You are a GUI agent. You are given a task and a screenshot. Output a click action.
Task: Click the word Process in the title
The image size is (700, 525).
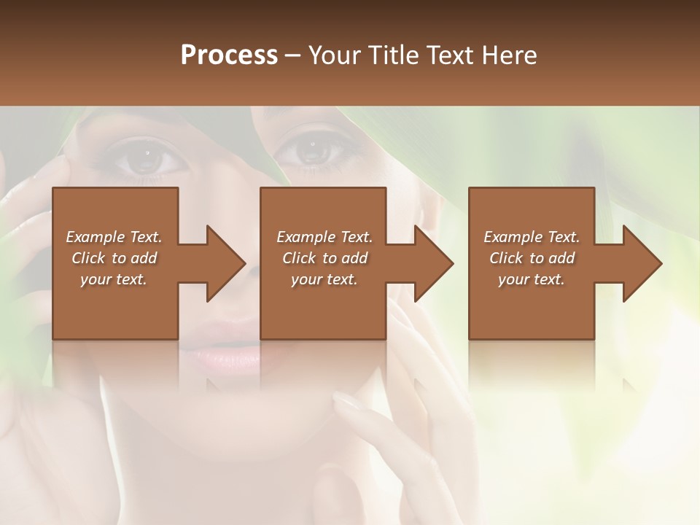pyautogui.click(x=229, y=55)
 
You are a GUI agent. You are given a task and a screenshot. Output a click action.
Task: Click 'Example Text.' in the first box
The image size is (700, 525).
pyautogui.click(x=114, y=237)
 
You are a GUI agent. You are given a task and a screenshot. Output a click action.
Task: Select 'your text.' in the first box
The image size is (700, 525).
pyautogui.click(x=114, y=279)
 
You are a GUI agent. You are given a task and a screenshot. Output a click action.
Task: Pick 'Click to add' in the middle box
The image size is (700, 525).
pyautogui.click(x=324, y=258)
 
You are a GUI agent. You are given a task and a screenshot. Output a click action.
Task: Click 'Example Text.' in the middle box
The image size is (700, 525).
pyautogui.click(x=324, y=237)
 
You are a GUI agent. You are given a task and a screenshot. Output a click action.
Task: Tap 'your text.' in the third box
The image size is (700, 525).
pyautogui.click(x=532, y=279)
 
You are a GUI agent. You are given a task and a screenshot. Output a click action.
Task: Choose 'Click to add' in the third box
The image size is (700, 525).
pyautogui.click(x=532, y=258)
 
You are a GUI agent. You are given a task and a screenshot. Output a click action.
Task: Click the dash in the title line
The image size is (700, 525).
pyautogui.click(x=293, y=56)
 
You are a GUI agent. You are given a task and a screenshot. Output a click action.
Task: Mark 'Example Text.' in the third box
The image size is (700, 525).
pyautogui.click(x=532, y=237)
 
